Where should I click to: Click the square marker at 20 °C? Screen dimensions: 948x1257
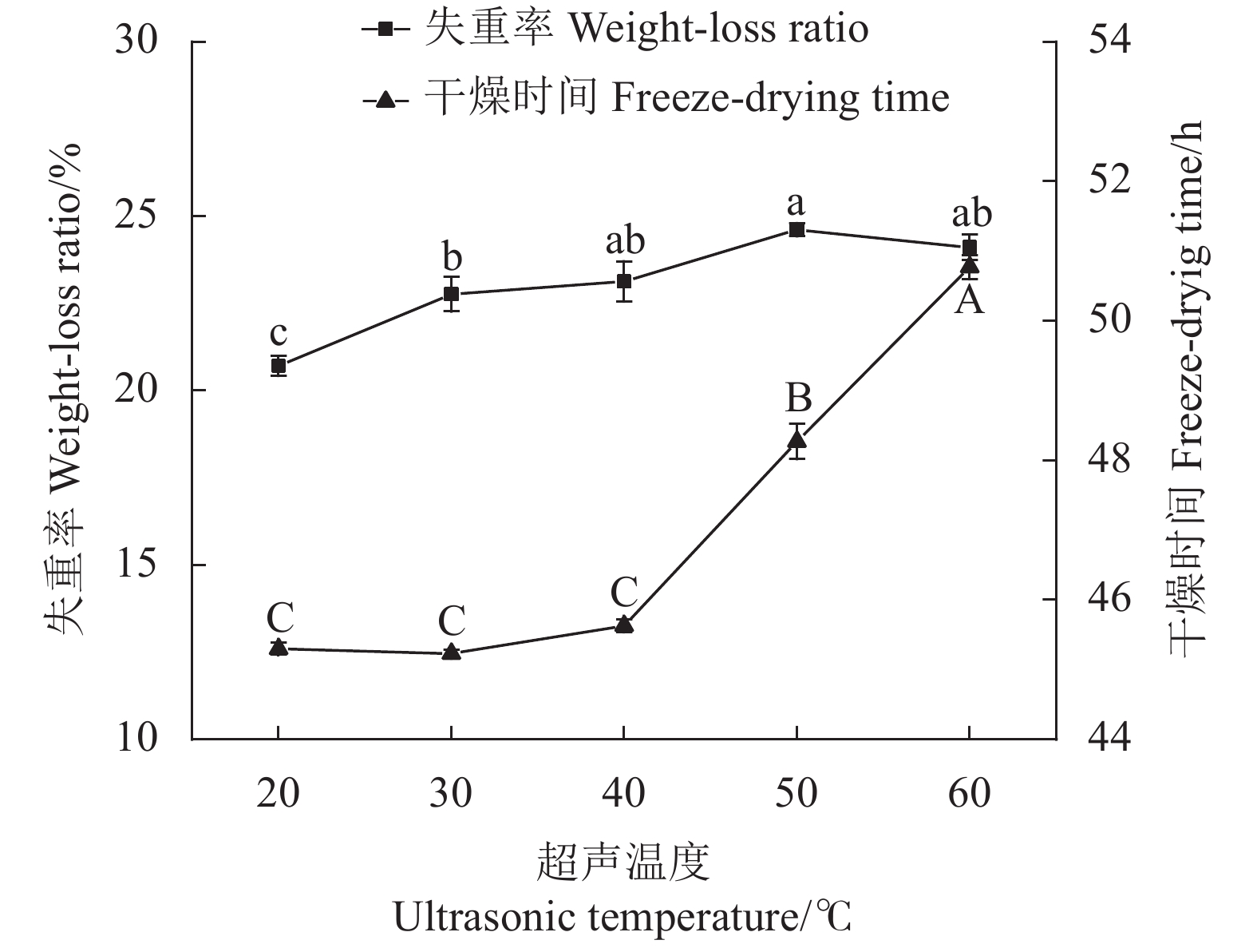279,366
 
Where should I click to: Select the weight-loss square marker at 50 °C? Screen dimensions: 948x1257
796,230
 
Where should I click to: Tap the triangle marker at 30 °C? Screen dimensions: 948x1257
452,652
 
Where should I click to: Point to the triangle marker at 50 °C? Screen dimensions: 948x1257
796,438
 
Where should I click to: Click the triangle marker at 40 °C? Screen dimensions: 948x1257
624,624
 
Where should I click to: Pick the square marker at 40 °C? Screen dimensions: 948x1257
624,281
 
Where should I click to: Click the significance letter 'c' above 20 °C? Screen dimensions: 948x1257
279,332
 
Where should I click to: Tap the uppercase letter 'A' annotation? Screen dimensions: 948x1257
970,301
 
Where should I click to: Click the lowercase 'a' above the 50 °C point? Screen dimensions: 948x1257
796,204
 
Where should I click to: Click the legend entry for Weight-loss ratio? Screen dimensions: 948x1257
615,30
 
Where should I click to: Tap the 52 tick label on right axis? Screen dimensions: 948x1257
1110,180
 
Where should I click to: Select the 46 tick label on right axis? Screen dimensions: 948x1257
1110,600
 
